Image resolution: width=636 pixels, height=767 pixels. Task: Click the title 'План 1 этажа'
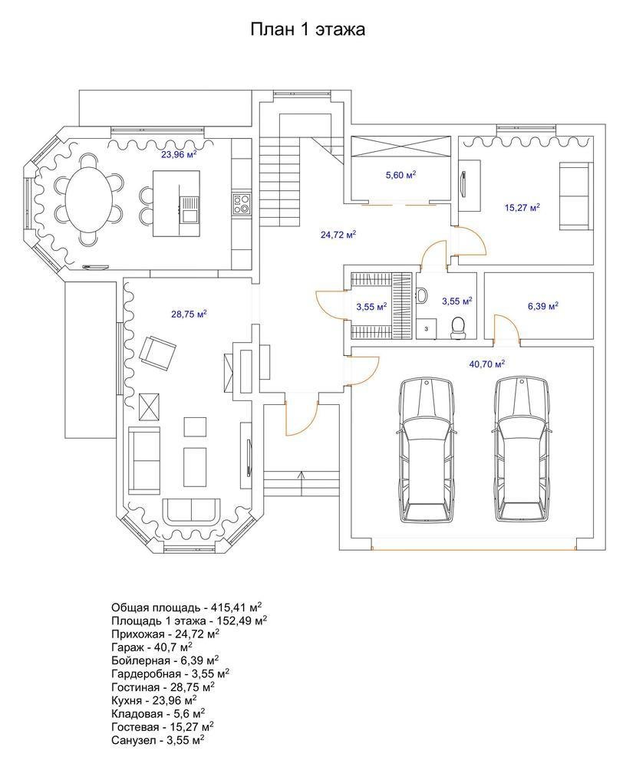(x=308, y=29)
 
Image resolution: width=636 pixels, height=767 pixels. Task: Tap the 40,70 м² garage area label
(x=487, y=364)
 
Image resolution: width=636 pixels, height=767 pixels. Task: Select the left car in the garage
(x=427, y=450)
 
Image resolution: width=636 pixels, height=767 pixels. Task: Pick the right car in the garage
(x=522, y=450)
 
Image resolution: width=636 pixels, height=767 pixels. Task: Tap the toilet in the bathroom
(x=458, y=327)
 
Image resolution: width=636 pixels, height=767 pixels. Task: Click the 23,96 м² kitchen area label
(x=179, y=155)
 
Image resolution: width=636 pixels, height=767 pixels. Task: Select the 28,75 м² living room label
(x=189, y=314)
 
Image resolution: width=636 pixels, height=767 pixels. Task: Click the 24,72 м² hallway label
(x=338, y=234)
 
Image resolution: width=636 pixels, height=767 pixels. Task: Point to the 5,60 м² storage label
(x=400, y=175)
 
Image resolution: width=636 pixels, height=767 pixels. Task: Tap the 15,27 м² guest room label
(x=522, y=207)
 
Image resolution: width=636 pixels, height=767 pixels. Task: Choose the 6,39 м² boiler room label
(x=543, y=306)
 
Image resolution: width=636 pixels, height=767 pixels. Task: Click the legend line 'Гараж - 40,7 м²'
(x=152, y=647)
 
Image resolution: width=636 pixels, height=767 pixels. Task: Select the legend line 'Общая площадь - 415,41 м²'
(x=186, y=607)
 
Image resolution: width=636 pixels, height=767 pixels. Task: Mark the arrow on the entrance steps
(x=302, y=482)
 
